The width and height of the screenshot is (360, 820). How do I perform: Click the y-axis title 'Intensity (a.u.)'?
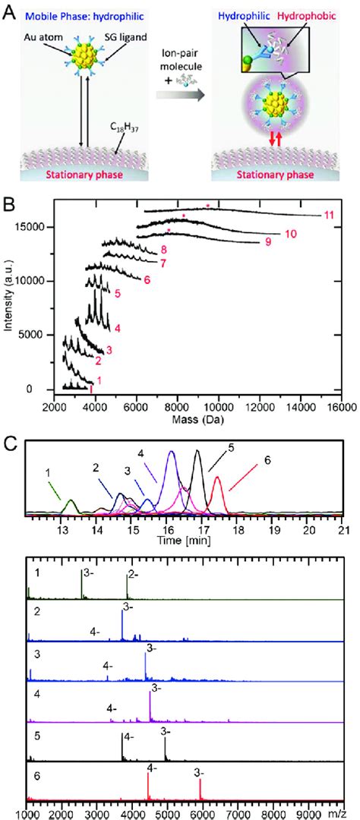8,296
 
